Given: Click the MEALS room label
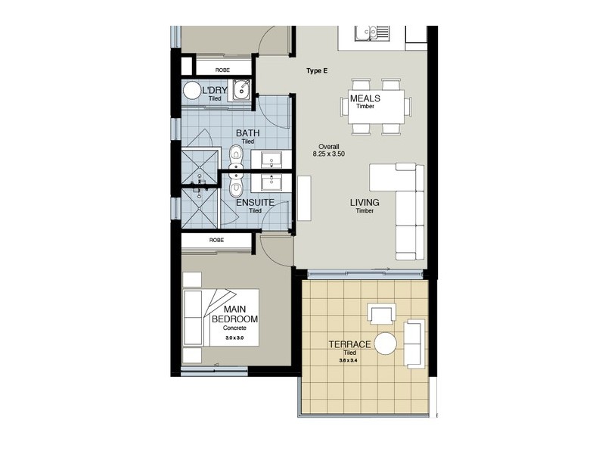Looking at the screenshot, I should pos(365,98).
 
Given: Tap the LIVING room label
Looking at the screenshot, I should pos(365,203).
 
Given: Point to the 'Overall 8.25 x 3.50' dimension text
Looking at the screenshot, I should pos(330,149).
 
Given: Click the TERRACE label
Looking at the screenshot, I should pos(349,344).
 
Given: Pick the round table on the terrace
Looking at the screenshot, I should pos(386,344).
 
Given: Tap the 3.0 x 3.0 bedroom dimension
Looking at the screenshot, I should pos(235,338).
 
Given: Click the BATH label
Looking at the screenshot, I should pos(248,133).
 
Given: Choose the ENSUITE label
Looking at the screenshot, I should pos(255,203).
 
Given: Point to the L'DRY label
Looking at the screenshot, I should pos(215,92).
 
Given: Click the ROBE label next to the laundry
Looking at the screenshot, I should pos(222,70).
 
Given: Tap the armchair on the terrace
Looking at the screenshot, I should pos(380,313).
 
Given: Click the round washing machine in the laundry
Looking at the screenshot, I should pos(192,91).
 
